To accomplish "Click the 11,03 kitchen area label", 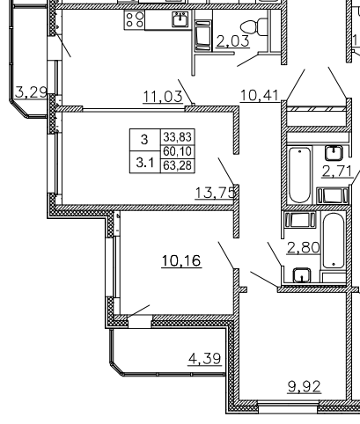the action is click(163, 97).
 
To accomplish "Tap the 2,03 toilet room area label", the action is click(233, 41).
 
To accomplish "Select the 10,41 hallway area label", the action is click(260, 96).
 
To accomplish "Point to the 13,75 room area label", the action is click(216, 193).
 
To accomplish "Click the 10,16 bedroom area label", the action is click(181, 260).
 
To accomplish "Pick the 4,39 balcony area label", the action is click(205, 358).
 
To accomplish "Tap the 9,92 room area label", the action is click(305, 386).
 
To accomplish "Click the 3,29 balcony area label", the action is click(31, 92).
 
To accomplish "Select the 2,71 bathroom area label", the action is click(337, 172).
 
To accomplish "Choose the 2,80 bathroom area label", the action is click(304, 248).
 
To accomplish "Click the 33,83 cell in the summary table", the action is click(178, 137).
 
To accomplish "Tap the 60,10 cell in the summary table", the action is click(178, 151).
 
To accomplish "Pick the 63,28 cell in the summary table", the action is click(178, 165).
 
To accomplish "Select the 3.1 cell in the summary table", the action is click(145, 163).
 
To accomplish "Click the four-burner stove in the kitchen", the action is click(135, 19).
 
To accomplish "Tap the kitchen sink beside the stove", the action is click(180, 19).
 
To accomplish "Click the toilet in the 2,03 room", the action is click(254, 26).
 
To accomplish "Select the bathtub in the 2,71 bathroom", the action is click(299, 175).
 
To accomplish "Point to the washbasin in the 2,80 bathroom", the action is click(302, 274).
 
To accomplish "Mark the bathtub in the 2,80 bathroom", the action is click(334, 241).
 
